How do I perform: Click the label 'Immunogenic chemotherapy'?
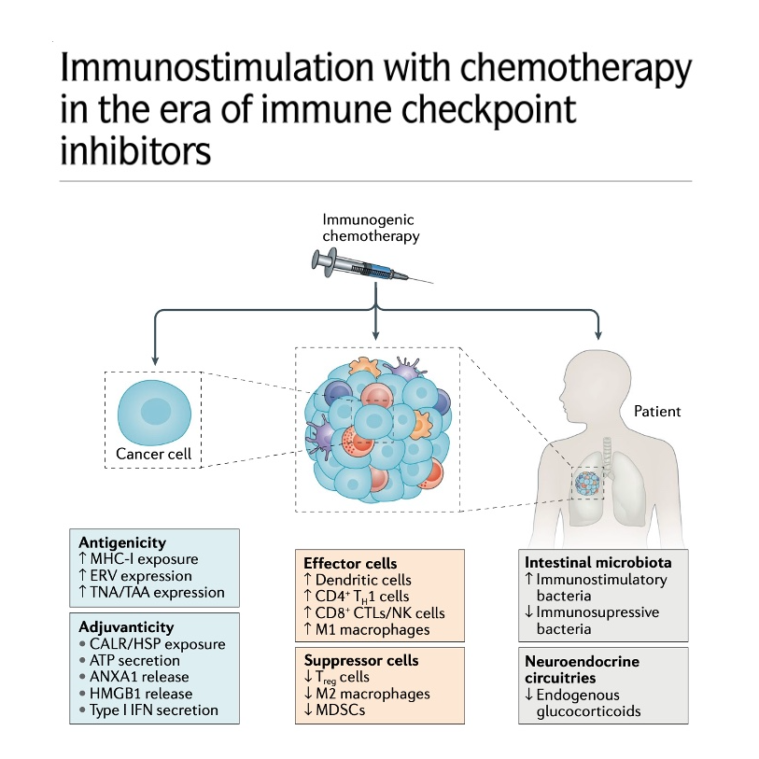370,228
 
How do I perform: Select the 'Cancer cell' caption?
152,454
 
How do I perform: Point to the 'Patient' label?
657,411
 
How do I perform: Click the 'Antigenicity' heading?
122,541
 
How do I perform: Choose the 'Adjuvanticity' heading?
126,626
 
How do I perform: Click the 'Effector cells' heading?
350,563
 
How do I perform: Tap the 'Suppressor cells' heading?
358,659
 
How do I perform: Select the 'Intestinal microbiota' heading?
597,563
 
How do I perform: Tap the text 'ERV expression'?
143,575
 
